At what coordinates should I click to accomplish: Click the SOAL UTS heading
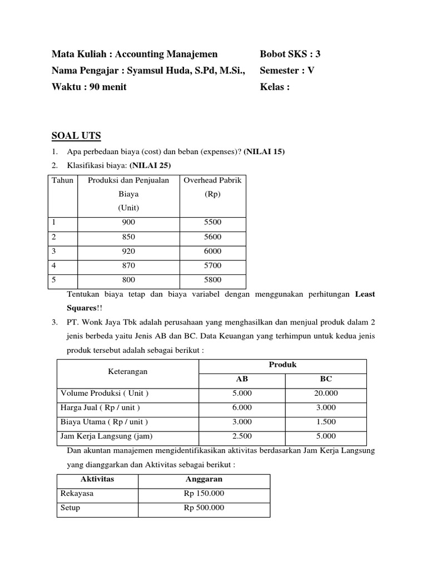76,136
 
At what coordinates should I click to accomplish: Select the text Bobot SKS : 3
290,54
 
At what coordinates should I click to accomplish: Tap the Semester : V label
287,71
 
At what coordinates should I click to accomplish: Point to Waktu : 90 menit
89,87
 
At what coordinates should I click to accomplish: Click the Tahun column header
62,180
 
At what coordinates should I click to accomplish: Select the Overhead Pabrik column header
212,180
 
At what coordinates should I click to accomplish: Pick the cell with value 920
128,251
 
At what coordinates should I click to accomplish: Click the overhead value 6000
212,251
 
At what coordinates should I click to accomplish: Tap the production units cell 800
128,280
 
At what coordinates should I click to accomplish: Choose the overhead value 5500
212,222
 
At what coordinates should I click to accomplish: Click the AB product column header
242,379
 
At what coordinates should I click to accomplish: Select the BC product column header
326,379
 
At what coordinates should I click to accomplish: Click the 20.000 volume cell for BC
326,394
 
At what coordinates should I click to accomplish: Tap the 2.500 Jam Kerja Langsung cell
242,436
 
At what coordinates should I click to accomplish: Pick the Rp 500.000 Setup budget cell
204,508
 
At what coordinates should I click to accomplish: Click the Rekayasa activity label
77,493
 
